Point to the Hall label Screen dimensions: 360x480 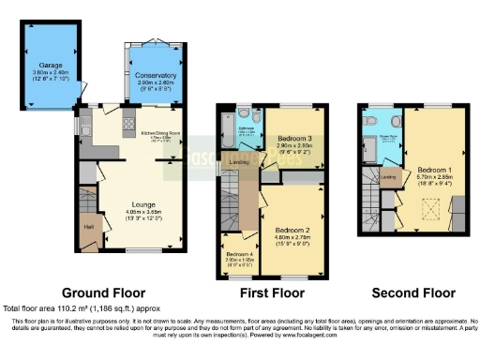coord(89,226)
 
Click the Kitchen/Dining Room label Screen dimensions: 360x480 coord(162,133)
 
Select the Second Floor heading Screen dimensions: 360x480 coord(412,292)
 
